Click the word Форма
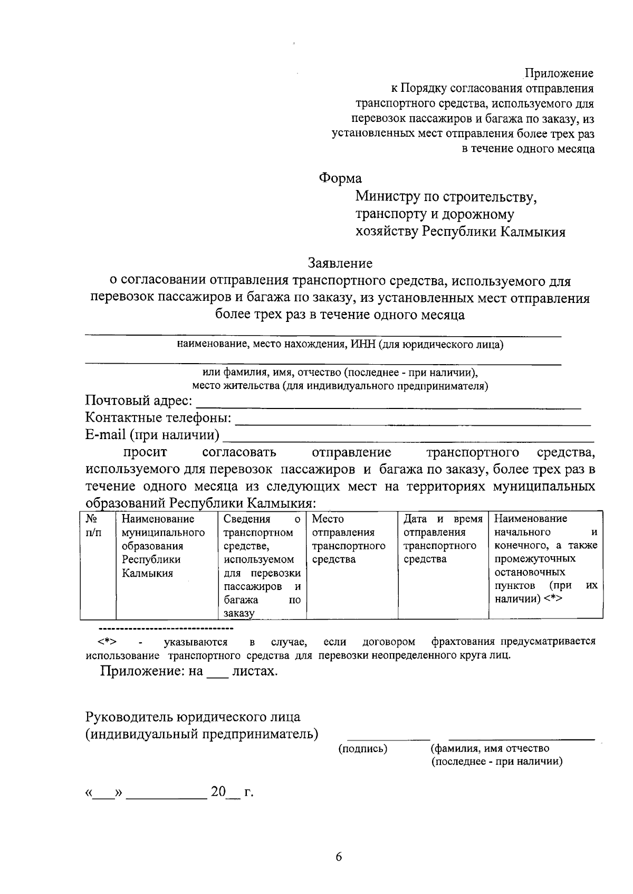click(x=340, y=178)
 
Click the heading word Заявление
click(x=340, y=263)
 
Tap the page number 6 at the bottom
click(x=339, y=857)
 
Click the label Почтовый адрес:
click(x=139, y=401)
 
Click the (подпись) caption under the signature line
click(x=362, y=748)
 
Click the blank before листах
click(x=217, y=674)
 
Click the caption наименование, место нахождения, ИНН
click(x=340, y=345)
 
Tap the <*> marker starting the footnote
click(x=107, y=642)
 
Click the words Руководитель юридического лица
click(x=193, y=717)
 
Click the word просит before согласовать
click(x=145, y=452)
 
